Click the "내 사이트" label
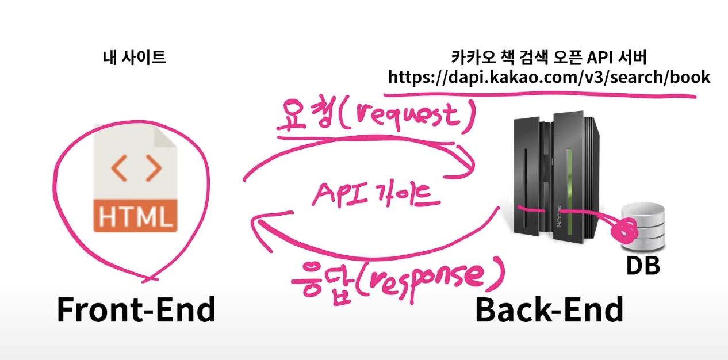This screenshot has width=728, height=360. tap(134, 58)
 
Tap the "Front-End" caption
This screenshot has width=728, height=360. tap(136, 311)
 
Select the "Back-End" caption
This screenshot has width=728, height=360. tap(549, 311)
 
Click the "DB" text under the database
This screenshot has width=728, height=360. tap(642, 266)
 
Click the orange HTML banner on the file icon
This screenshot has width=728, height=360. tap(136, 216)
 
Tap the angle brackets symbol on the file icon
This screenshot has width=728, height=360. tap(136, 167)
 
